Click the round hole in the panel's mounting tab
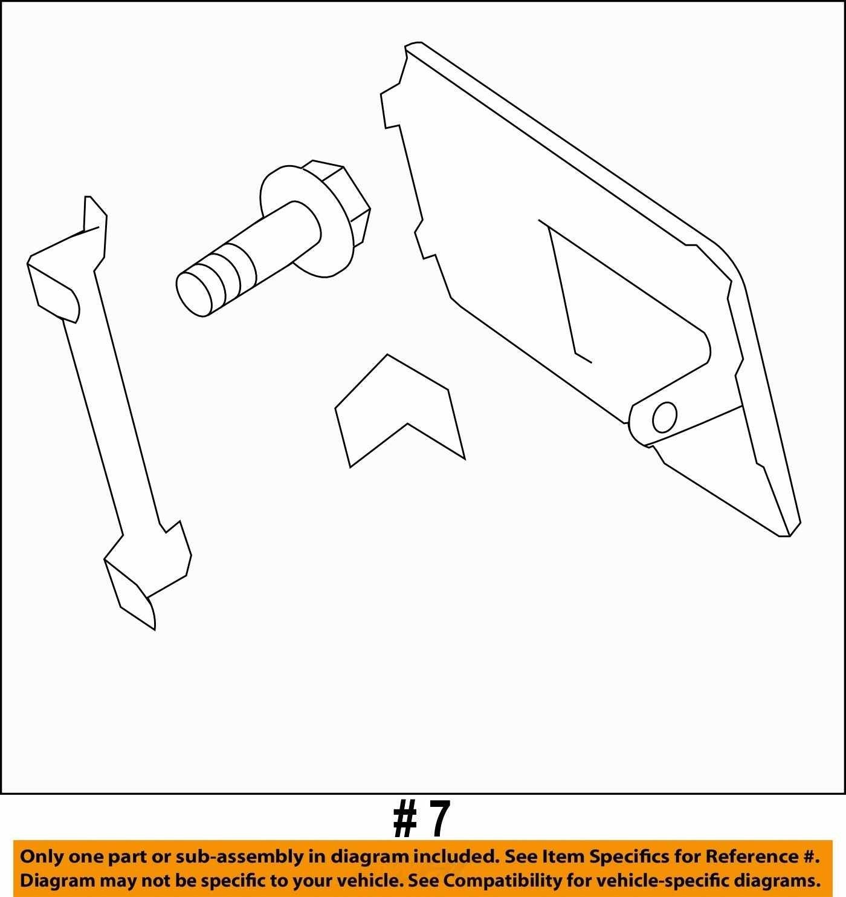tap(665, 417)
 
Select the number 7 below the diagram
tap(438, 819)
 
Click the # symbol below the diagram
tap(405, 819)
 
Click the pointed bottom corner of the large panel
tap(784, 536)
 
